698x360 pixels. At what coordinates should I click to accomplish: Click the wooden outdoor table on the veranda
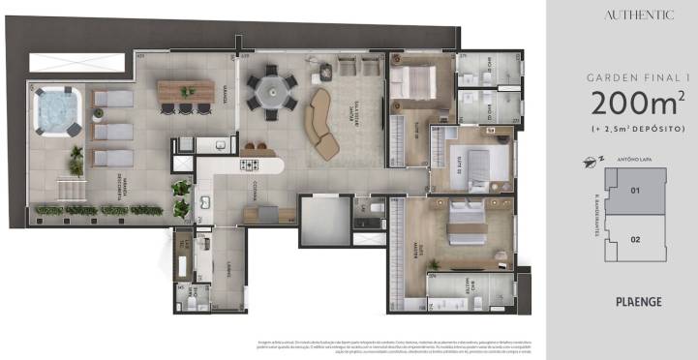tap(186, 90)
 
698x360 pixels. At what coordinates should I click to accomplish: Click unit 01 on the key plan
tap(635, 191)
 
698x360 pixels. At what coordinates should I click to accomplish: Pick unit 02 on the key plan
tap(635, 238)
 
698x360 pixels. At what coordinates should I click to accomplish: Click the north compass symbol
tap(584, 161)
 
